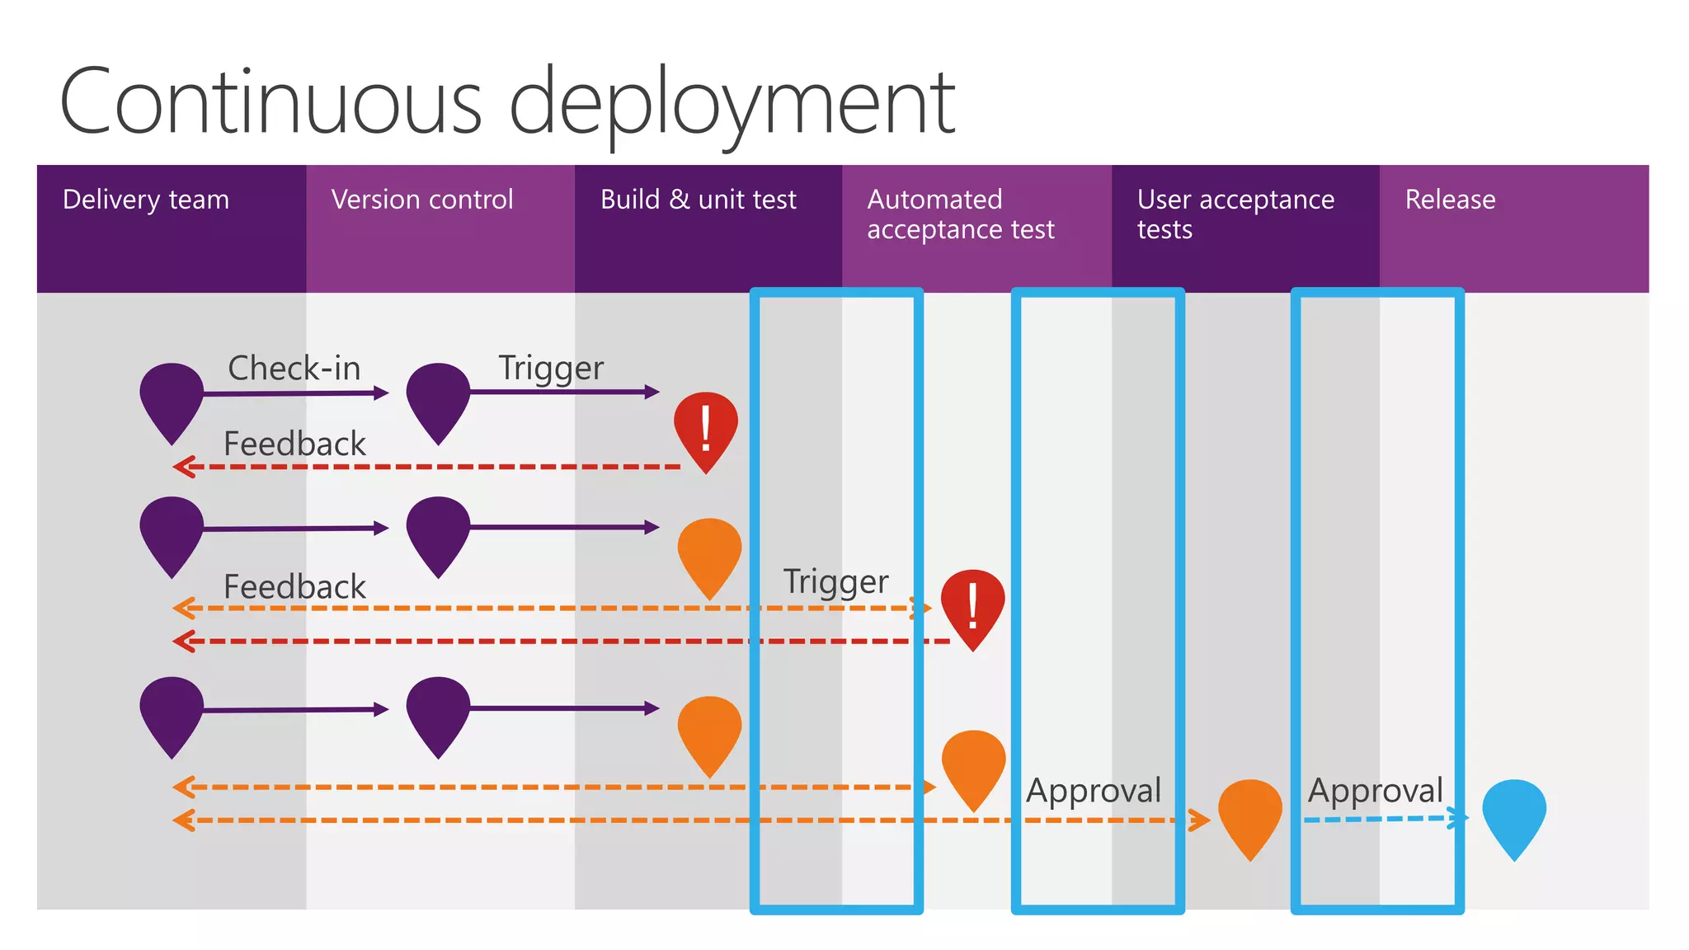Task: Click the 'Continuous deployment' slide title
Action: click(x=506, y=103)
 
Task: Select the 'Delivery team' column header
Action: click(x=145, y=200)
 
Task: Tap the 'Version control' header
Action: click(x=421, y=200)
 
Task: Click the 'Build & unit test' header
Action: click(x=698, y=200)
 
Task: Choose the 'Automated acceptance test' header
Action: click(x=960, y=214)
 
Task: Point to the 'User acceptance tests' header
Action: click(x=1235, y=214)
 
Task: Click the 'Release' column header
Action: click(x=1450, y=200)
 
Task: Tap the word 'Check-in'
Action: click(x=294, y=368)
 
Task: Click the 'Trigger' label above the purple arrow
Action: click(x=551, y=368)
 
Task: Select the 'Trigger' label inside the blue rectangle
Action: click(x=835, y=581)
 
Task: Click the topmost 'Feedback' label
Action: click(x=294, y=444)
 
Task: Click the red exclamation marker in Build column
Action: click(x=705, y=427)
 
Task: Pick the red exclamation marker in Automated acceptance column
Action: click(x=973, y=604)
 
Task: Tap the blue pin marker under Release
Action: click(x=1513, y=812)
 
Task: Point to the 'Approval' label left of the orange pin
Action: click(x=1094, y=790)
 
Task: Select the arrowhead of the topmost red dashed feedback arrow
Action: click(x=183, y=467)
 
